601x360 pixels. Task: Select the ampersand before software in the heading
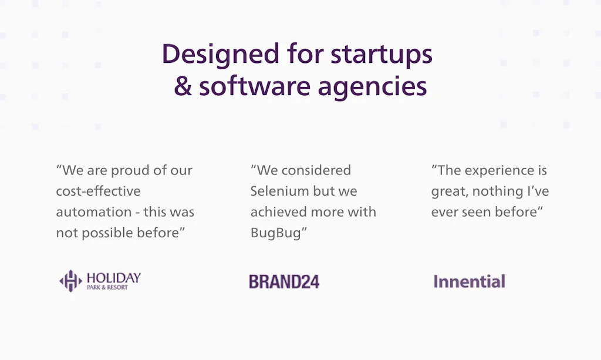(x=183, y=86)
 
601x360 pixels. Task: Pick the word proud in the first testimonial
(x=129, y=170)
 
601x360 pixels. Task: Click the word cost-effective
(x=98, y=191)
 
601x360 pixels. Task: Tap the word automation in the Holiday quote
(x=94, y=212)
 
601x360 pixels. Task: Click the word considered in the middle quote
(x=316, y=170)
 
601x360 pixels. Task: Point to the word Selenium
(x=280, y=191)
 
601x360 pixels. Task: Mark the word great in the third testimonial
(x=451, y=192)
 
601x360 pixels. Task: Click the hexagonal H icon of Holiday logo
(x=70, y=281)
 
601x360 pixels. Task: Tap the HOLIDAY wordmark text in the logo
(x=113, y=277)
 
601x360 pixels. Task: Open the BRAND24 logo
(x=283, y=281)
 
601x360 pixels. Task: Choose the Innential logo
(x=469, y=281)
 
